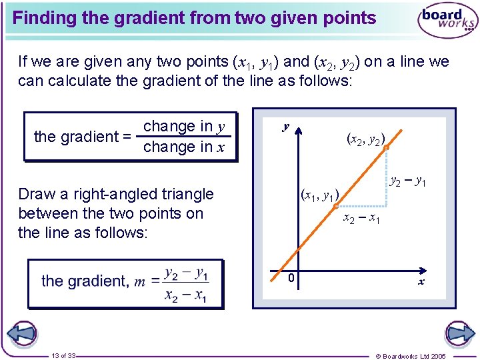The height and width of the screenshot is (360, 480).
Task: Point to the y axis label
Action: (x=285, y=126)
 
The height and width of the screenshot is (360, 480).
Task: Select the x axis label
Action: (x=421, y=282)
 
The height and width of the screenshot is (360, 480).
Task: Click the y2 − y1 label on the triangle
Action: (x=408, y=181)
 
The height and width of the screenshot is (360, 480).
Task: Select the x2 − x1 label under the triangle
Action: (x=361, y=219)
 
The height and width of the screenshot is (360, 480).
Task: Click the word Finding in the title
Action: (x=44, y=18)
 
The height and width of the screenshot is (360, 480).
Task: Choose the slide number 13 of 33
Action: (x=63, y=355)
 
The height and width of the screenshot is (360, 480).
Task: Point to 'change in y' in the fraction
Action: (x=184, y=126)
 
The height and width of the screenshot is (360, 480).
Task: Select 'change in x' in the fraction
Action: (x=184, y=147)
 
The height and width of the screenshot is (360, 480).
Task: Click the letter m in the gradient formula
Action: (x=139, y=281)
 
